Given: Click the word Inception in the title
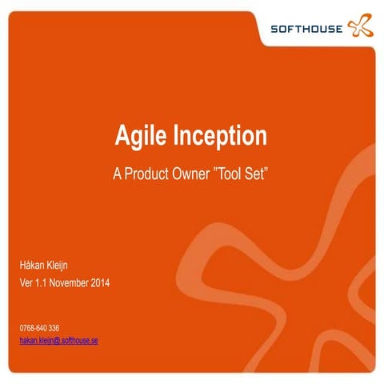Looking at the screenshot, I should tap(219, 136).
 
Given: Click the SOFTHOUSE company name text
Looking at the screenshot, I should tap(306, 30).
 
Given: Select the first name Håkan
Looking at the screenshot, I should tap(34, 265).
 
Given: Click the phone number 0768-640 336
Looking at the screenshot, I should tap(39, 328).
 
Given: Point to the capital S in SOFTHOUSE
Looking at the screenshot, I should tap(274, 30).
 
